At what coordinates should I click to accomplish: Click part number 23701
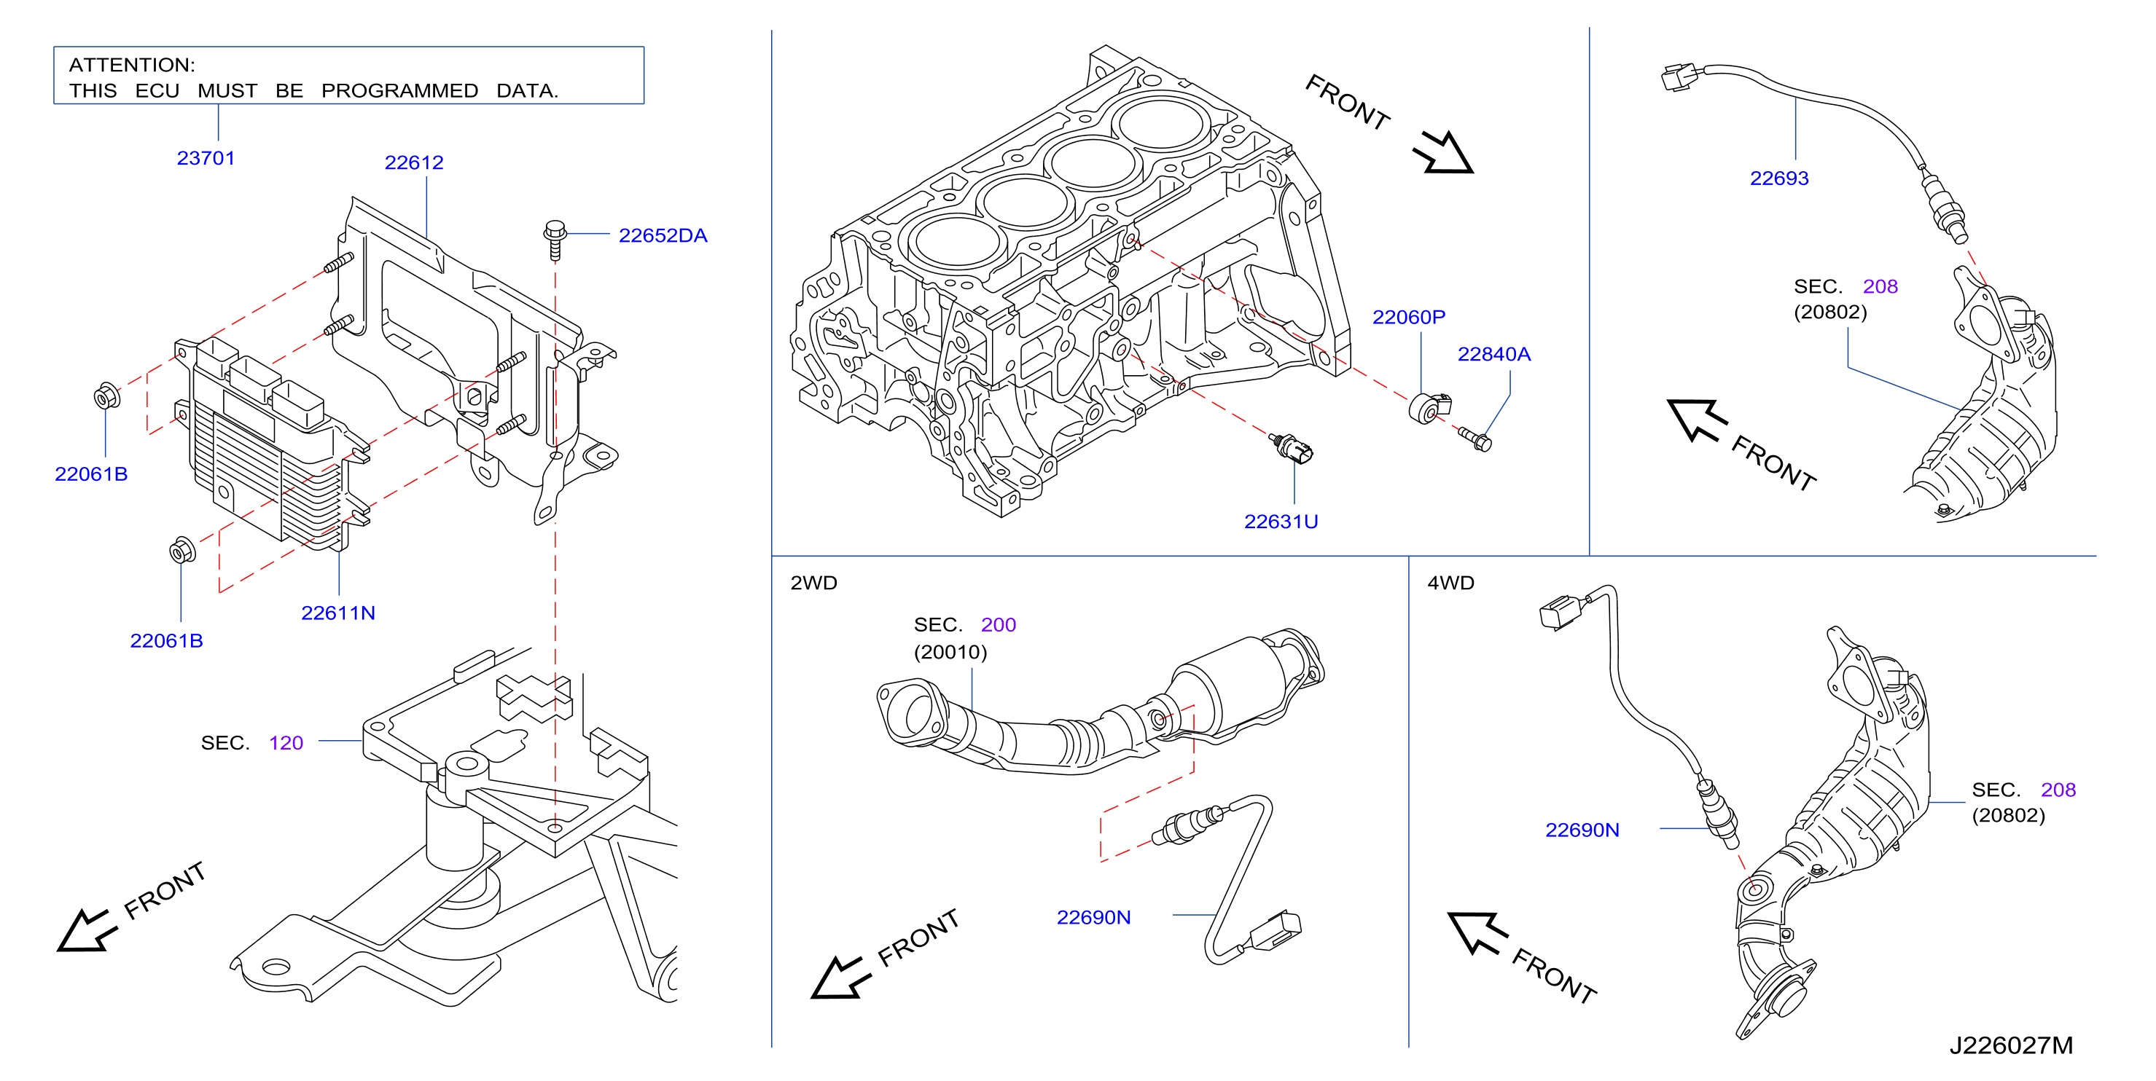click(x=206, y=158)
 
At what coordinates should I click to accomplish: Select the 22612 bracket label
click(x=413, y=162)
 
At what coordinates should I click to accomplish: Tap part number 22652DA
click(x=663, y=236)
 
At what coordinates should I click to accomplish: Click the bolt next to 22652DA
click(x=555, y=240)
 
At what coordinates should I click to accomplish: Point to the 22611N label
click(x=338, y=613)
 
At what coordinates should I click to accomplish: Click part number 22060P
click(x=1409, y=317)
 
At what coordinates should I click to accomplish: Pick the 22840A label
click(x=1494, y=354)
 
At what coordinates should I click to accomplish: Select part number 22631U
click(x=1281, y=522)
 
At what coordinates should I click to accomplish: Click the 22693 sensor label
click(x=1779, y=178)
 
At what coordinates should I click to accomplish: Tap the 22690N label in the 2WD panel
click(x=1093, y=918)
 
